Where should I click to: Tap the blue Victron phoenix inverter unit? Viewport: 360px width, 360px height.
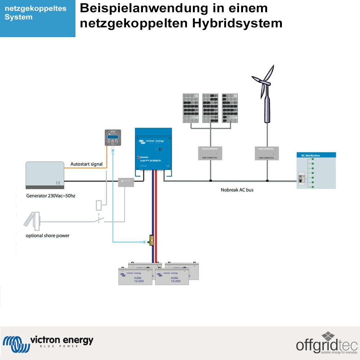click(x=153, y=149)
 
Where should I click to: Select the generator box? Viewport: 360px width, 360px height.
click(x=45, y=175)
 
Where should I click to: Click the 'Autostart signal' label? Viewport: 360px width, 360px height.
click(x=86, y=164)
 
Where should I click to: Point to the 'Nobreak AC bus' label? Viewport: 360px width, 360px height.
click(x=237, y=189)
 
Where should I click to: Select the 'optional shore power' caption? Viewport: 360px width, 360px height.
click(x=48, y=235)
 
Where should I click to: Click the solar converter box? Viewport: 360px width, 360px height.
click(x=210, y=153)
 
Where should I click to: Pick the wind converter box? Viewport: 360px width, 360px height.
click(x=266, y=153)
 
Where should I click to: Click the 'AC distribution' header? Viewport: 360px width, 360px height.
click(x=310, y=156)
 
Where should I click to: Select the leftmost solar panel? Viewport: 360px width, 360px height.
click(x=191, y=108)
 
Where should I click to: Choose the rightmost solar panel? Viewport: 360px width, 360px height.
click(x=230, y=108)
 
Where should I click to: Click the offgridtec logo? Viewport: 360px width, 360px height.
click(x=326, y=344)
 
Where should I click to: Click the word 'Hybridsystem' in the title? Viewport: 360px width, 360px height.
click(x=237, y=23)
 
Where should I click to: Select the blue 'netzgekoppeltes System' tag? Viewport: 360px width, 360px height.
click(x=37, y=18)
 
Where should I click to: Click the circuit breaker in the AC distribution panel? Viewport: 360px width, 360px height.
click(x=301, y=179)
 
